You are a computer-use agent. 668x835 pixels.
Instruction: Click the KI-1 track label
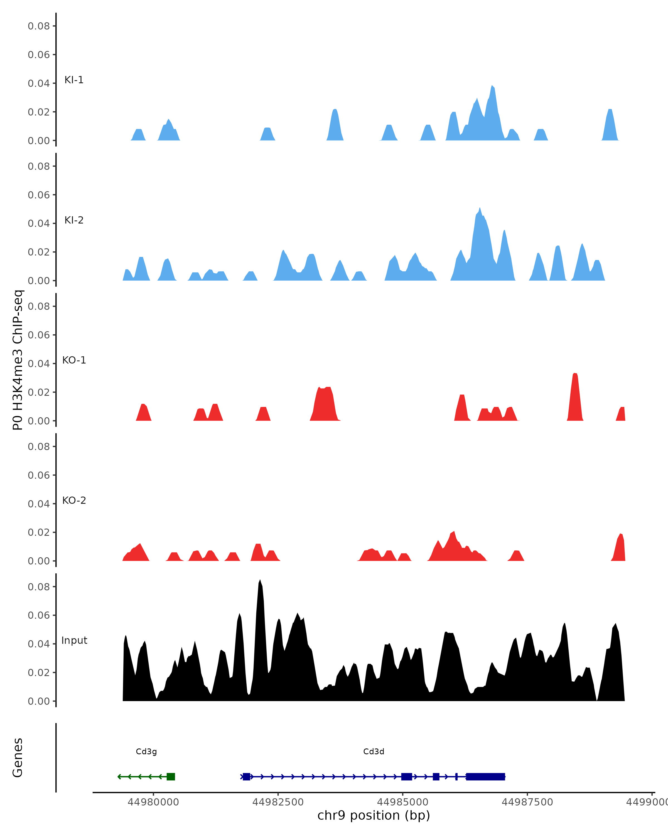[74, 80]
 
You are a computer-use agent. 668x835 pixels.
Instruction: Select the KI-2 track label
[74, 220]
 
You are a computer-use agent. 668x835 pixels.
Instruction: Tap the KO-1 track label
[74, 360]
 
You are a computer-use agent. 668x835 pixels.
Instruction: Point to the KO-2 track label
[74, 501]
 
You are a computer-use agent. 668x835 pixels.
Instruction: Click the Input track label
[74, 641]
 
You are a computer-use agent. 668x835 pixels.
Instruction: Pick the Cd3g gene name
[146, 752]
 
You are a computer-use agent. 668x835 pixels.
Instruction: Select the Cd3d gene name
[374, 752]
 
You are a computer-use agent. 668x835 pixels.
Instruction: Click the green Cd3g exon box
[171, 777]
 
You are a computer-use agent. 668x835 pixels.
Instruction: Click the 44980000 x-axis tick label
[153, 802]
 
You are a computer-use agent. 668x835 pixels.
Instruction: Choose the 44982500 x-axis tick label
[278, 802]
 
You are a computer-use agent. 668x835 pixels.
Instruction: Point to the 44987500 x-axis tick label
[527, 802]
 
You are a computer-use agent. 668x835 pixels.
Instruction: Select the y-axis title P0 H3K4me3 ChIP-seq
[18, 360]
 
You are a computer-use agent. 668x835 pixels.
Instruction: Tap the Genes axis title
[18, 758]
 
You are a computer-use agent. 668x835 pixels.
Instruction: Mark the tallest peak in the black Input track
[260, 581]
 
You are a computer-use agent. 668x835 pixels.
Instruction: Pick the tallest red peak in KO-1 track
[575, 374]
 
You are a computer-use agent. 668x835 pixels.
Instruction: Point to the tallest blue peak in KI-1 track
[492, 86]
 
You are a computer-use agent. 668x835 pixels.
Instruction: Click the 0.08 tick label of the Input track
[39, 587]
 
